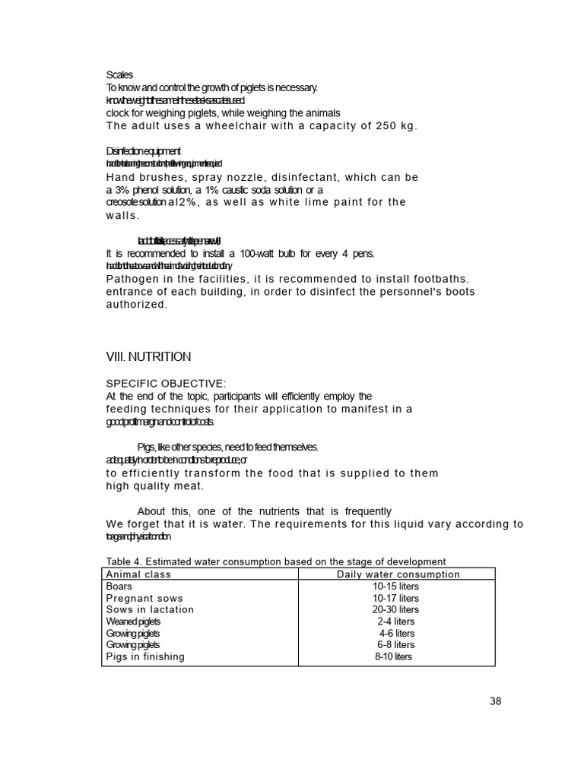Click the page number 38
[x=495, y=701]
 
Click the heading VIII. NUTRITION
[x=148, y=356]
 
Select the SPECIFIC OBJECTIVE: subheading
[x=166, y=384]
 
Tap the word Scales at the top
[x=119, y=74]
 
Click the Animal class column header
[x=138, y=574]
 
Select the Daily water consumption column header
[x=398, y=574]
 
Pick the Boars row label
[x=119, y=587]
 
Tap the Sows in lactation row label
[x=150, y=610]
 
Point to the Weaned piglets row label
[x=133, y=621]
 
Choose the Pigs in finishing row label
[x=145, y=657]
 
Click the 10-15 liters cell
[x=395, y=587]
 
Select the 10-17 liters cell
[x=395, y=599]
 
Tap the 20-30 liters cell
[x=395, y=610]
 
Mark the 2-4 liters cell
[x=395, y=621]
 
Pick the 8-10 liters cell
[x=393, y=657]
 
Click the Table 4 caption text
[x=275, y=561]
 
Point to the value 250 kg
[x=396, y=126]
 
